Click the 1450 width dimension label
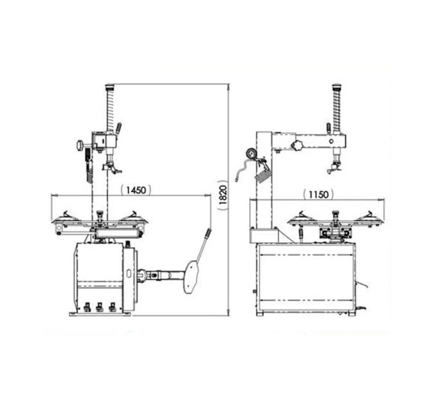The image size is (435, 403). (136, 190)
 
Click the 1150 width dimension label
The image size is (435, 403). (319, 194)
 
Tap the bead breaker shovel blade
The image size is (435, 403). (191, 277)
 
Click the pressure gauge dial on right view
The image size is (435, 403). (251, 154)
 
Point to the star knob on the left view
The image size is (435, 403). (80, 146)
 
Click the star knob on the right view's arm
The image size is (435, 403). (296, 145)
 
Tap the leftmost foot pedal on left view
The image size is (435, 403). (87, 307)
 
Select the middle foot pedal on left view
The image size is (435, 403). (99, 307)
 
